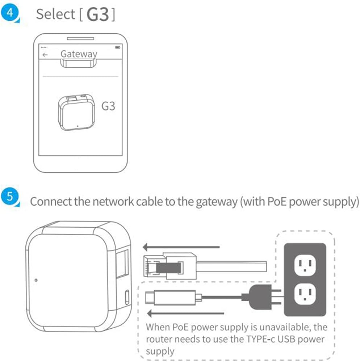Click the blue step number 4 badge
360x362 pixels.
coord(10,13)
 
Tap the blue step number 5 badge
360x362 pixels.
coord(10,197)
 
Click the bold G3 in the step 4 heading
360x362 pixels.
coord(98,14)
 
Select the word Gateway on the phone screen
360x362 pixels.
coord(79,54)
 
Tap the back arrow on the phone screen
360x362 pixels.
coord(45,55)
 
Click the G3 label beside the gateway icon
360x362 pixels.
coord(108,106)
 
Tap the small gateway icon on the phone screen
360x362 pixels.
coord(76,113)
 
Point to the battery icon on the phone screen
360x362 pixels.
coord(118,47)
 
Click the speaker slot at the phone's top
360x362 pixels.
coord(80,39)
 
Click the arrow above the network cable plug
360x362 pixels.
coord(181,247)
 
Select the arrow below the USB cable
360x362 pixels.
coord(185,313)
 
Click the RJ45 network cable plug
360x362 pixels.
coord(170,266)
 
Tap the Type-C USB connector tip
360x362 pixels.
coord(150,298)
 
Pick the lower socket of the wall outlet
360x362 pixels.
coord(305,294)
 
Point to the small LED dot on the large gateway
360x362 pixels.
coord(36,280)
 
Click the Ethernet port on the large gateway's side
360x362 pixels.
coord(122,263)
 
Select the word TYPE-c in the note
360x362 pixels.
coord(260,339)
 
